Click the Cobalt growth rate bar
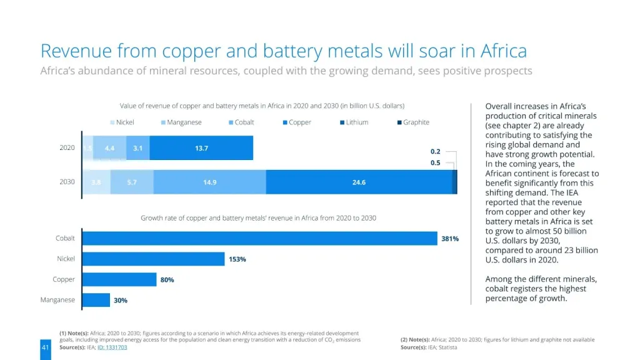pos(259,238)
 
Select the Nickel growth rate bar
pos(153,259)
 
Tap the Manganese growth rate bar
pos(96,300)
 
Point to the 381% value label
pos(450,239)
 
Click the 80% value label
pos(167,280)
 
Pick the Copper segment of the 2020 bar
pos(201,148)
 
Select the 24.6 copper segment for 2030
pos(359,182)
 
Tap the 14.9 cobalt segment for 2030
pos(209,182)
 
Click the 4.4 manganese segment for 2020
pos(109,148)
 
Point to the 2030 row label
pos(67,182)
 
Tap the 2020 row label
pos(67,148)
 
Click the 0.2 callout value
pos(436,151)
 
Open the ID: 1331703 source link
pos(112,347)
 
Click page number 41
pos(45,347)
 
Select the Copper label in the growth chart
pos(64,279)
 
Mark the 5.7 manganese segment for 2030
pos(131,182)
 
